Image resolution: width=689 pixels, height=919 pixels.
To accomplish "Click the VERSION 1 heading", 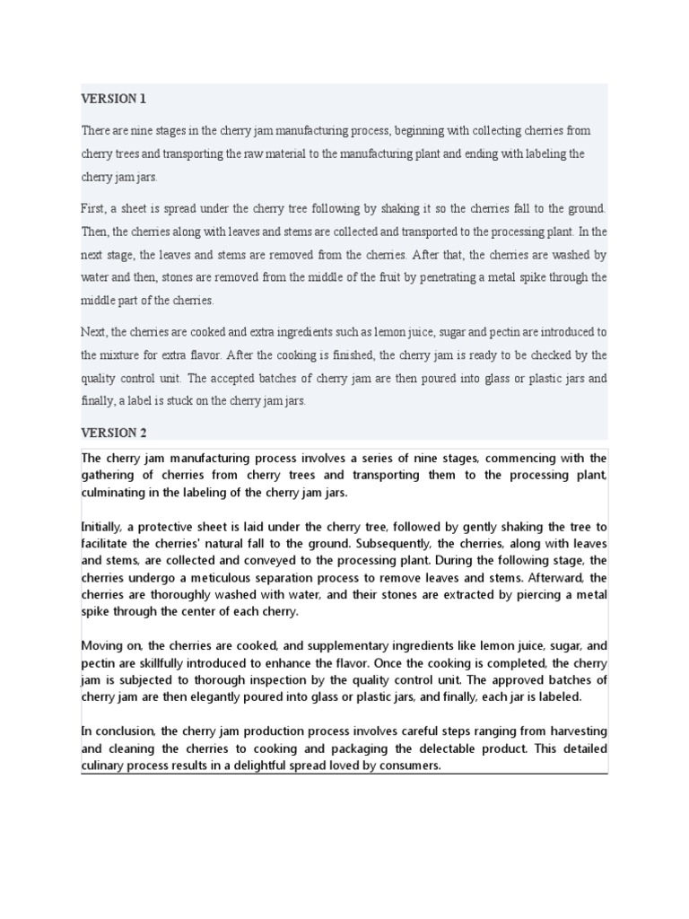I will (112, 98).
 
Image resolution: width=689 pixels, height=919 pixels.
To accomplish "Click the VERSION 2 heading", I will (114, 433).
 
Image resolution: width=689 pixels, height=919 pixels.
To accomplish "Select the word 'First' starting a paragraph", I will (93, 208).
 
